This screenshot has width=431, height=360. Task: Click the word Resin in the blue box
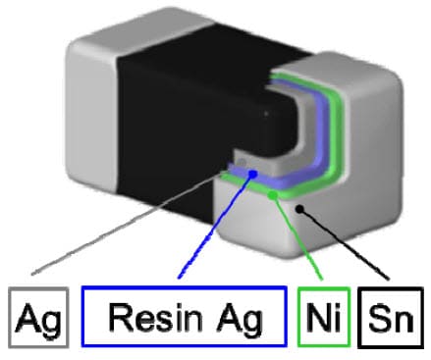[153, 317]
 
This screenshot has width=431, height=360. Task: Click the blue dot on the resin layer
[253, 175]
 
